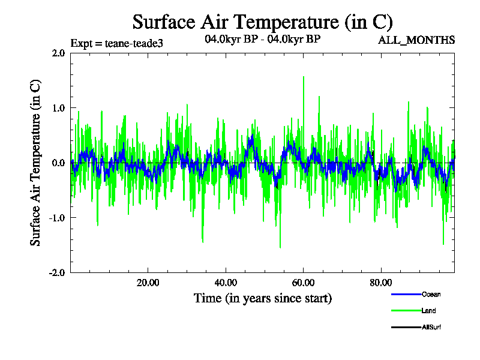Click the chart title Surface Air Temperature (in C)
point(262,22)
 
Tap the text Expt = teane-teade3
point(116,43)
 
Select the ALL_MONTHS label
point(416,40)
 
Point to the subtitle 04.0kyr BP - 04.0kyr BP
point(262,40)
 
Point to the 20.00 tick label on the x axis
point(148,283)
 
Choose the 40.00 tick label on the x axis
point(226,283)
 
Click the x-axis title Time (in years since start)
point(262,298)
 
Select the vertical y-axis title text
point(36,163)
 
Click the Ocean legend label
point(431,294)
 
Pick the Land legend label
point(428,311)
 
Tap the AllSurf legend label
point(431,328)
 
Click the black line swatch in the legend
point(405,328)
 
